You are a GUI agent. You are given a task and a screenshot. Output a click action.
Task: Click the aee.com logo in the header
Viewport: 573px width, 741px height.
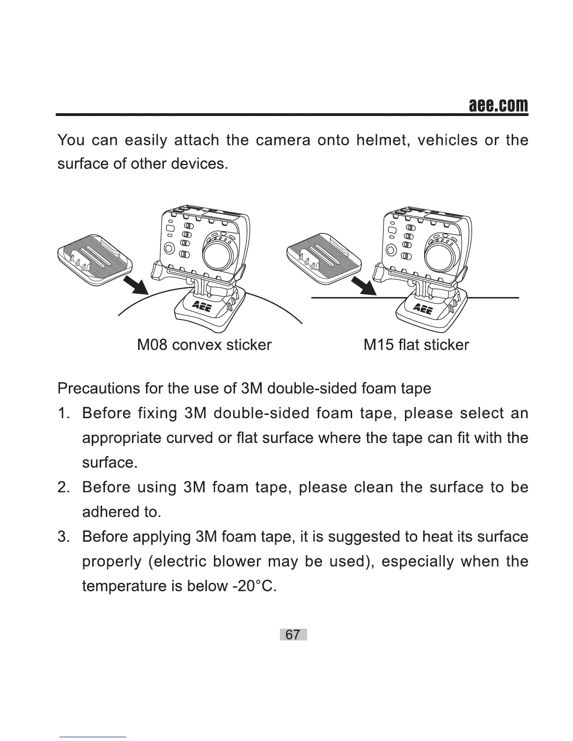tap(498, 105)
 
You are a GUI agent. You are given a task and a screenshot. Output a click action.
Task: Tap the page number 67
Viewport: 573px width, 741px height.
tap(293, 635)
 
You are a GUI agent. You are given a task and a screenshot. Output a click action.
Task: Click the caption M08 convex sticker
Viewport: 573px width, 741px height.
tap(204, 345)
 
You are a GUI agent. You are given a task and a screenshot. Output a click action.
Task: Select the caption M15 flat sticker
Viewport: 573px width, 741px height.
tap(416, 345)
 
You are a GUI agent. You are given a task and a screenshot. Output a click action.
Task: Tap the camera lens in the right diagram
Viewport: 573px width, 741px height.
tap(440, 255)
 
